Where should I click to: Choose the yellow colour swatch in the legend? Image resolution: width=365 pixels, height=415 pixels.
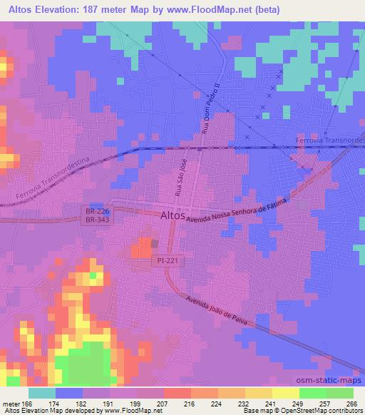(284, 393)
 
